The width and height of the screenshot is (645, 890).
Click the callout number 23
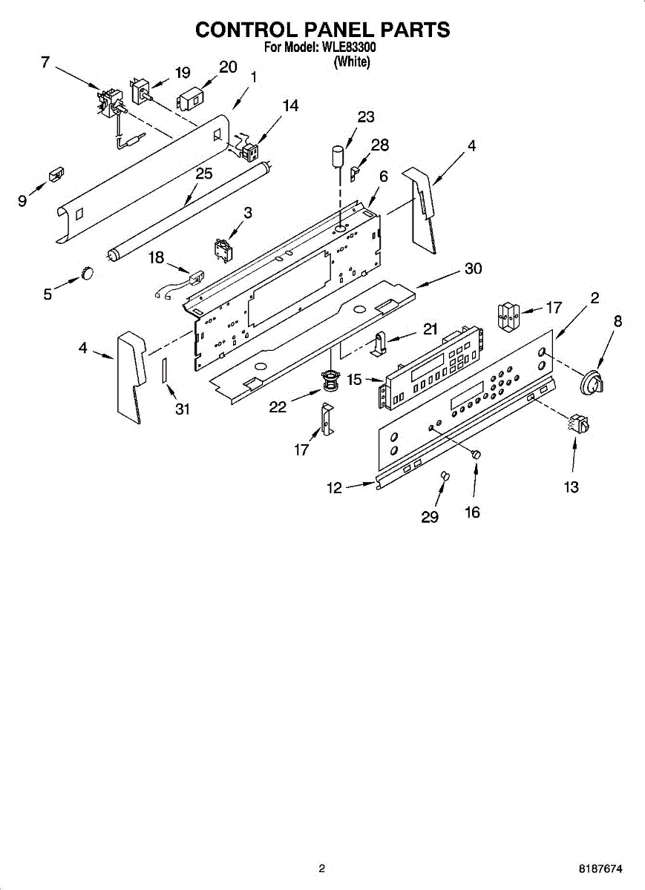[365, 117]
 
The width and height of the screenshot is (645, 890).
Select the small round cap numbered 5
[88, 274]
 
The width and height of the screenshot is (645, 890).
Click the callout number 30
[473, 269]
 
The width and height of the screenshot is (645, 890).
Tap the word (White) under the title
[352, 62]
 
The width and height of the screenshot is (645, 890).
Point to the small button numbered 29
[445, 475]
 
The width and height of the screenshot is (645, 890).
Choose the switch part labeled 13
[579, 425]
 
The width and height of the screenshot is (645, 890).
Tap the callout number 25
[203, 174]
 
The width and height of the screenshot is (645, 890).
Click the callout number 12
[334, 487]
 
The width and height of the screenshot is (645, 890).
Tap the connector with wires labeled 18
[195, 280]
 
